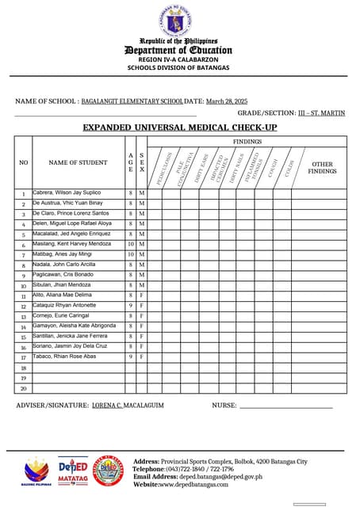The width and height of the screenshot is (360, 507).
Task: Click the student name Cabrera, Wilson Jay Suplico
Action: pyautogui.click(x=67, y=193)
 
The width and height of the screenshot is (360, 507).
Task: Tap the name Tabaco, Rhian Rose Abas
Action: pyautogui.click(x=63, y=356)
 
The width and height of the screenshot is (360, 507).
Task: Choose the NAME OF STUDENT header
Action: pyautogui.click(x=78, y=162)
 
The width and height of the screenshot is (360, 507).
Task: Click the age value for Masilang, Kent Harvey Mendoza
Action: pyautogui.click(x=131, y=245)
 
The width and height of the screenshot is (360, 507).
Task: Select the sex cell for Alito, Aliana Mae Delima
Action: pyautogui.click(x=141, y=295)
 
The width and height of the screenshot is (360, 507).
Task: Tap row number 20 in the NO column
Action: pyautogui.click(x=23, y=388)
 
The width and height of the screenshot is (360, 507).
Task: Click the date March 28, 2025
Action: pyautogui.click(x=227, y=101)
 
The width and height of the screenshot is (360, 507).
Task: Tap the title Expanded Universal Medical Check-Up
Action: pyautogui.click(x=180, y=128)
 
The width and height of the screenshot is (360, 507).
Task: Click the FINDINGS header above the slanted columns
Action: pyautogui.click(x=247, y=141)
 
